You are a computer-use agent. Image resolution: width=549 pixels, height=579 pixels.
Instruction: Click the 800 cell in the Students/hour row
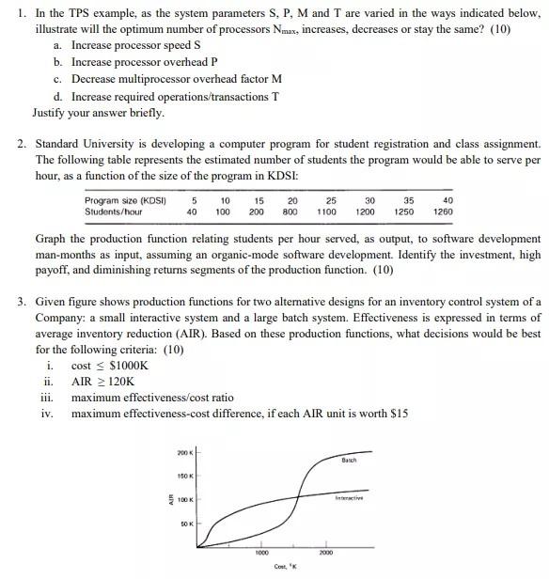(291, 212)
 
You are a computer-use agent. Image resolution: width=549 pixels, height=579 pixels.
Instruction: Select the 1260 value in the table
(443, 212)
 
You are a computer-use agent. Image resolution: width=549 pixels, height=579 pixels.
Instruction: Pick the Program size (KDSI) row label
(125, 200)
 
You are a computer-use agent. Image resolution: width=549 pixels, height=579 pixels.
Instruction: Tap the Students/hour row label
(113, 212)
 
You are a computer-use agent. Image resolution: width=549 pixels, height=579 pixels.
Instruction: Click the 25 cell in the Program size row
(331, 200)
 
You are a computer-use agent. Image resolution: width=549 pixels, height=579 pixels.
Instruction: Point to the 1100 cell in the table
(326, 212)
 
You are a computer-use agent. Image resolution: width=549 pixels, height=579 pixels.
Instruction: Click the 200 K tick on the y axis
(184, 454)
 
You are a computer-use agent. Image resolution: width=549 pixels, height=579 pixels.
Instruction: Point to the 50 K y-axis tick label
(185, 524)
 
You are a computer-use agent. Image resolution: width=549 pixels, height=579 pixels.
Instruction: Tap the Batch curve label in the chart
(349, 460)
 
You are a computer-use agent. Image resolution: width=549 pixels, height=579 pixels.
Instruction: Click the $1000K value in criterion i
(129, 366)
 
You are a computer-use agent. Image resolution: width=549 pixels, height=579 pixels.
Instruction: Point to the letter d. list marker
(59, 97)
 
